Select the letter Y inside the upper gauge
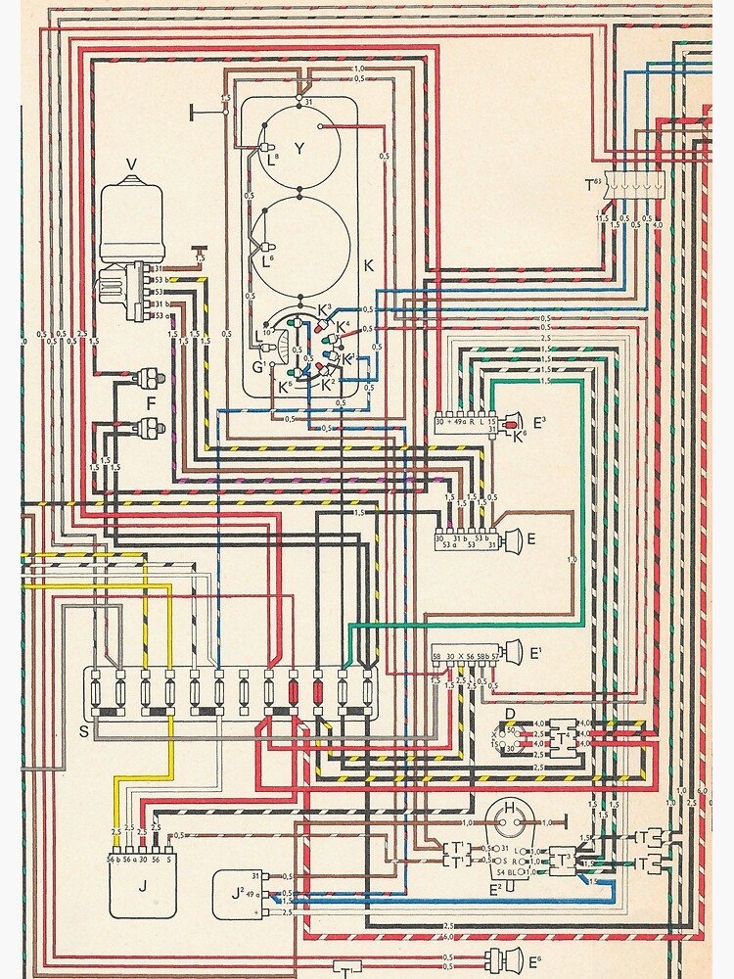click(x=300, y=150)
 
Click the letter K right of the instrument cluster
click(x=368, y=265)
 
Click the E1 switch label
click(x=537, y=650)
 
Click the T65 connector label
click(x=593, y=185)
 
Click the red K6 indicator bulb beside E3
click(x=513, y=424)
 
